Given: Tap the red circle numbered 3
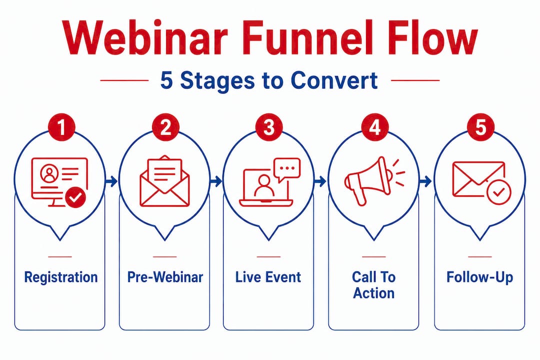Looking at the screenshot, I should point(269,127).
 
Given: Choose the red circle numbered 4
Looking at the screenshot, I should point(374,127).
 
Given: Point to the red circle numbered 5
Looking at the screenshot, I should point(479,127).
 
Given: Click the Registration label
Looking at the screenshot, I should point(61,277).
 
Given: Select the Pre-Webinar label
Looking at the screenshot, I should point(165,277).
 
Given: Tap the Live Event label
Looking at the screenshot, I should point(268,277).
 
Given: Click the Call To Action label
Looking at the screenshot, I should point(373,285).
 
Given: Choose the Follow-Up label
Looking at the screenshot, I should point(479,277).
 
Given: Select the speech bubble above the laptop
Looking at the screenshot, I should point(287,169).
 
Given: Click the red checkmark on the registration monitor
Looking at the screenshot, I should point(75,198).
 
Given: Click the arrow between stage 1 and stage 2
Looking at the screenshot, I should point(112,181).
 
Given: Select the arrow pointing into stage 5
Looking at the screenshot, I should point(425,181).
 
